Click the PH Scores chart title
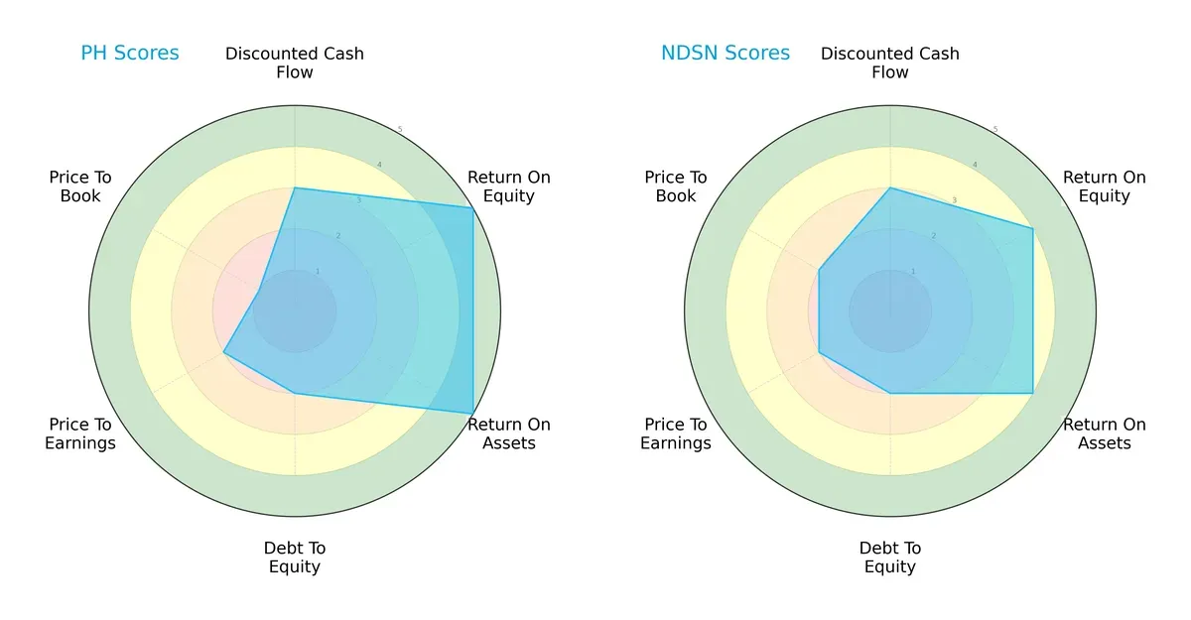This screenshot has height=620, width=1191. pyautogui.click(x=130, y=53)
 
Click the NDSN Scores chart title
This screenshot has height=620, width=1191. pyautogui.click(x=726, y=53)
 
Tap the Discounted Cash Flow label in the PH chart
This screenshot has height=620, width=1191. pyautogui.click(x=295, y=62)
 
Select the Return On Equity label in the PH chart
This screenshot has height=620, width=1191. pyautogui.click(x=509, y=186)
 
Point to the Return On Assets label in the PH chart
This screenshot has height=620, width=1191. pyautogui.click(x=509, y=434)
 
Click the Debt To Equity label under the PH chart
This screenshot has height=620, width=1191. pyautogui.click(x=295, y=558)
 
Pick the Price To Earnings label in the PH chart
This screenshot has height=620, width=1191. pyautogui.click(x=80, y=434)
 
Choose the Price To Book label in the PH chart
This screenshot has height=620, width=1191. pyautogui.click(x=80, y=186)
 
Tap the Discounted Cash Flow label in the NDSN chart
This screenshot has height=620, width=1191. pyautogui.click(x=890, y=62)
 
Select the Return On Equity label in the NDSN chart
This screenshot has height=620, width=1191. pyautogui.click(x=1105, y=186)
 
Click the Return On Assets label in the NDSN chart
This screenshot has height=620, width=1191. pyautogui.click(x=1105, y=434)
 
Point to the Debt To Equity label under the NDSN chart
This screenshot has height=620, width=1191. pyautogui.click(x=890, y=558)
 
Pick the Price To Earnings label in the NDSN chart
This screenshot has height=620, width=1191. pyautogui.click(x=676, y=434)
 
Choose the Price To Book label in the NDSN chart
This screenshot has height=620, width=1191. pyautogui.click(x=676, y=186)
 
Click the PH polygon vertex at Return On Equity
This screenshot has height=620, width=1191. pyautogui.click(x=472, y=207)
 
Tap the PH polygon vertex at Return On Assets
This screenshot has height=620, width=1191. pyautogui.click(x=472, y=414)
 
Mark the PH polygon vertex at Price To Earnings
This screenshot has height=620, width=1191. pyautogui.click(x=224, y=352)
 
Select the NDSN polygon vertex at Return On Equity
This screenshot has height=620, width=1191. pyautogui.click(x=1032, y=229)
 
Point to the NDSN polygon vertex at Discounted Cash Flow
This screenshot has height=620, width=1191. pyautogui.click(x=890, y=187)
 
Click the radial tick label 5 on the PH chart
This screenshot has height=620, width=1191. pyautogui.click(x=400, y=130)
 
